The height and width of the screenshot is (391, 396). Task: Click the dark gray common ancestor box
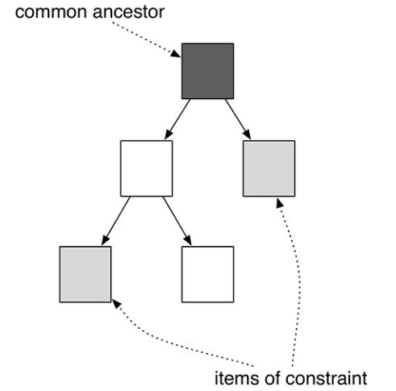coord(207,71)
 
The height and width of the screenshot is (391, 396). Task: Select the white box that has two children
coord(147,168)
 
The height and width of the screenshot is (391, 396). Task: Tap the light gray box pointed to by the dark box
coord(269,168)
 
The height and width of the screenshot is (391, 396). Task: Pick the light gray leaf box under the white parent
coord(85,274)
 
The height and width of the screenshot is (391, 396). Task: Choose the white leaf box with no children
coord(207,274)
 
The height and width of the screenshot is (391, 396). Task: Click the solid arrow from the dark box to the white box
coord(177,119)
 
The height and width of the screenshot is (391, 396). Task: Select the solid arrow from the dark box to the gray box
coord(238,119)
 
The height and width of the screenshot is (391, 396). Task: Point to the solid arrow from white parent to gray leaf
coord(116,221)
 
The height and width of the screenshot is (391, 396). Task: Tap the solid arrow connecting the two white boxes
coord(177,221)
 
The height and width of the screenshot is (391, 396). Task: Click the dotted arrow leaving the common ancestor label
coord(147,40)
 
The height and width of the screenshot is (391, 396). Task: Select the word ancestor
coord(128,12)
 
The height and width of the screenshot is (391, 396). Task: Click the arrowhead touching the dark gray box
coord(176,54)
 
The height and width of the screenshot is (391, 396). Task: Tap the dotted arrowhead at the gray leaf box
coord(116,304)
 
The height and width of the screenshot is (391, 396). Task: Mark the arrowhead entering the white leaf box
coord(188,240)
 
